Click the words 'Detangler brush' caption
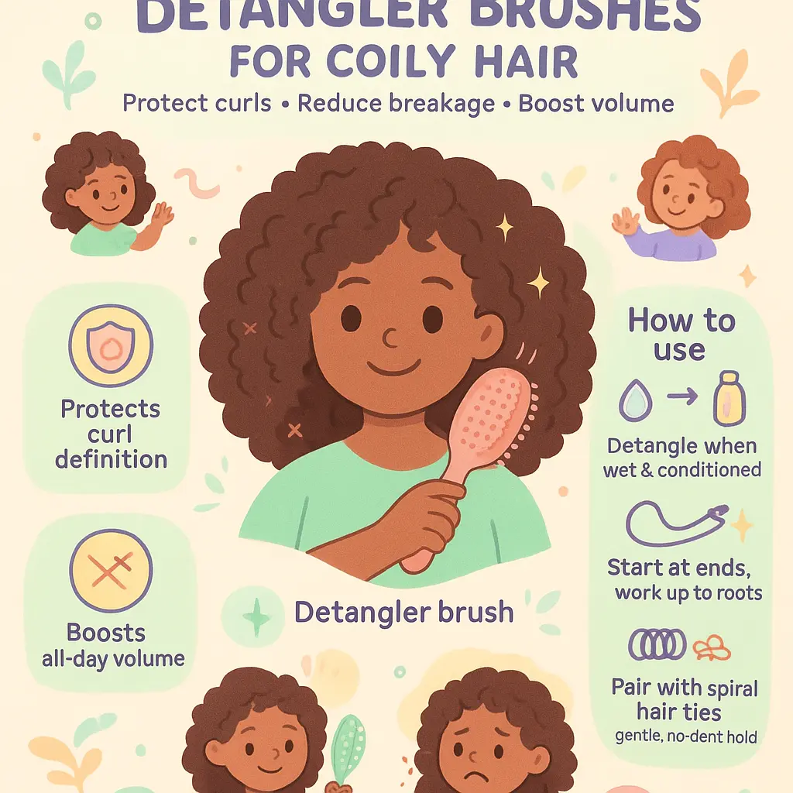pos(403,613)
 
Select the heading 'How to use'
pos(681,335)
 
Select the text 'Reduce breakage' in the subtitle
pos(397,104)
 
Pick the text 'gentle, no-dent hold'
pos(685,736)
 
